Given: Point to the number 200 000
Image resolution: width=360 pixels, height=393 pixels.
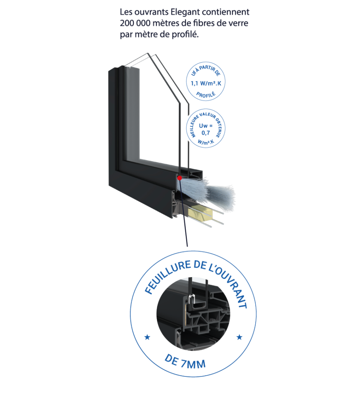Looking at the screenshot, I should (x=134, y=23).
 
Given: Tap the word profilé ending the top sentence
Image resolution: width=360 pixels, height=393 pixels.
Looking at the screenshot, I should (x=186, y=35).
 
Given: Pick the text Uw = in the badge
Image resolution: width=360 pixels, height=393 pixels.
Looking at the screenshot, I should (x=205, y=126).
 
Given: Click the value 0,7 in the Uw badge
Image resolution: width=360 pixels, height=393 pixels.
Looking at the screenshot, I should (x=205, y=134).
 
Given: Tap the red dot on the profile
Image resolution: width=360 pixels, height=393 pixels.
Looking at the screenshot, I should (x=179, y=178).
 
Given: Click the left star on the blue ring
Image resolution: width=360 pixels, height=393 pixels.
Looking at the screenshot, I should (x=146, y=337).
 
